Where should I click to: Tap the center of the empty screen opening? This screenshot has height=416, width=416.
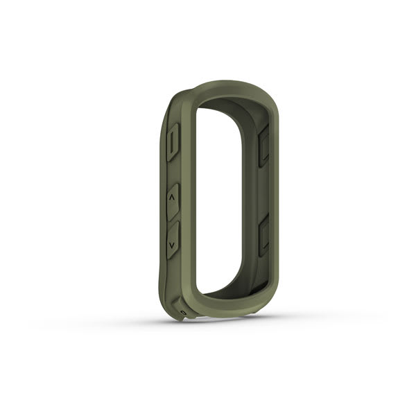225,201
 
